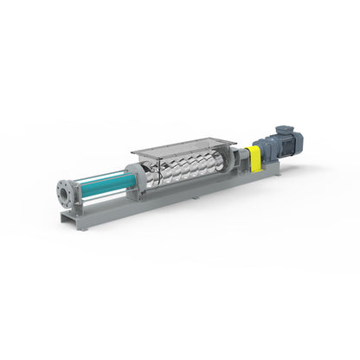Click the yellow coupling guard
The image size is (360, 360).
click(x=254, y=159)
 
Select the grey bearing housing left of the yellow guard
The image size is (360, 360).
click(x=238, y=160)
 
